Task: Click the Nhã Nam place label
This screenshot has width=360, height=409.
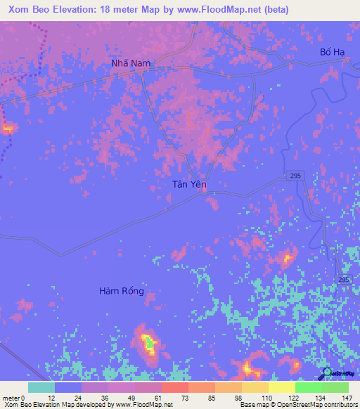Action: point(131,63)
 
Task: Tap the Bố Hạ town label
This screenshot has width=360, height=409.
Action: point(333,53)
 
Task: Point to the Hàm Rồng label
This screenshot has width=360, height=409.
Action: point(122,291)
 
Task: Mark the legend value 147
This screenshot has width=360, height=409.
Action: point(347,397)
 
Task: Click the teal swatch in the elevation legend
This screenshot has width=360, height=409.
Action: point(41,387)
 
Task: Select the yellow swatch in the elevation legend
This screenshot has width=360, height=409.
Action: point(281,387)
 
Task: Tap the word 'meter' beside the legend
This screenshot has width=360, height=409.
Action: point(11,397)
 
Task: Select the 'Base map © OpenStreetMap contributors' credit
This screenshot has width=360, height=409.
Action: point(297,405)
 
